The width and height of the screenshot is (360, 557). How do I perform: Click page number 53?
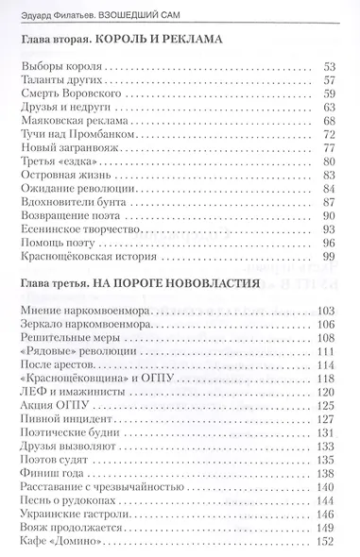coord(330,67)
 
